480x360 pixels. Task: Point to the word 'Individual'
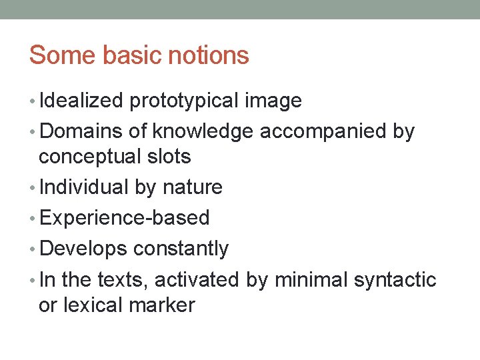84,187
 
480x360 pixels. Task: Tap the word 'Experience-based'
125,218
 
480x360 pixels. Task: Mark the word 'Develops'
83,249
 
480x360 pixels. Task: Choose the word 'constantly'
181,249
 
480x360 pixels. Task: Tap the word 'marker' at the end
163,305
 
